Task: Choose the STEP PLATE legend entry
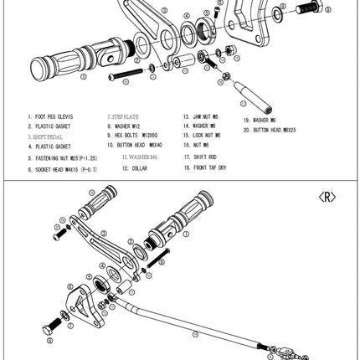[125, 117]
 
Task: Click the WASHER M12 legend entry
[126, 126]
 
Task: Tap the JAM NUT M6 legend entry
[202, 117]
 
